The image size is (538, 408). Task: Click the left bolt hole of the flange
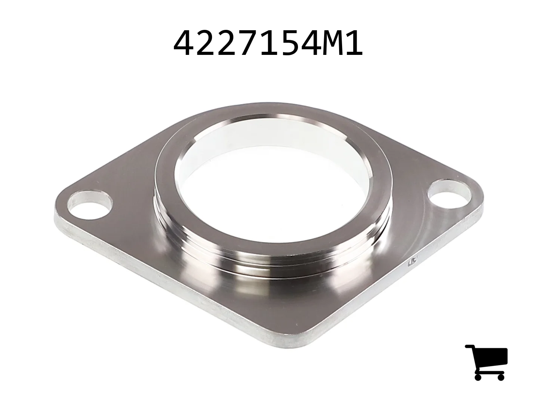[x=91, y=205]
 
